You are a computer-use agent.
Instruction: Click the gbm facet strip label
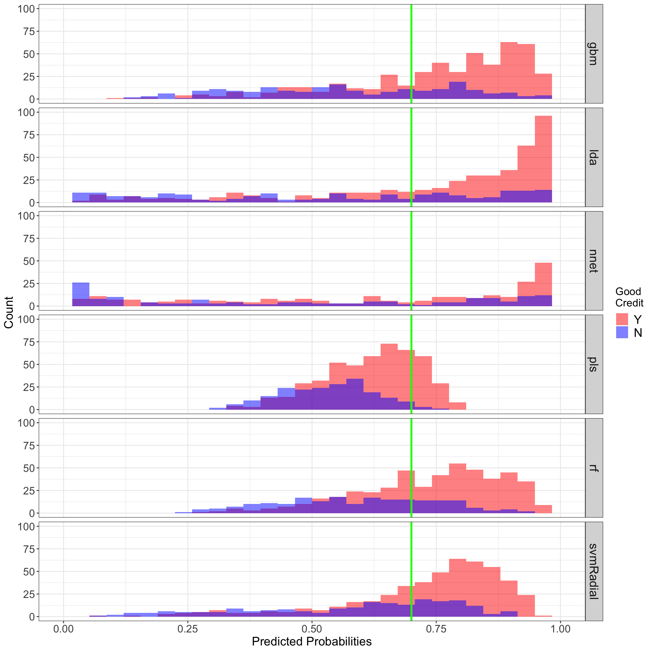(x=593, y=54)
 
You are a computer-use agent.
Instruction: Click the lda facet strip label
(x=593, y=157)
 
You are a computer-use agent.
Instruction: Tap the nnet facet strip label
(x=593, y=261)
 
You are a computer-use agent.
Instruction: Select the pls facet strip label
(x=593, y=365)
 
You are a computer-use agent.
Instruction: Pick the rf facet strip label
(x=593, y=468)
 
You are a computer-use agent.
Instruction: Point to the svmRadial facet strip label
(x=593, y=572)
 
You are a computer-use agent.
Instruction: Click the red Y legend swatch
(x=622, y=319)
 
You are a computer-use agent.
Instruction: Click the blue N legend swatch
(x=622, y=333)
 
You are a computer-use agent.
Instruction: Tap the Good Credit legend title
(x=629, y=297)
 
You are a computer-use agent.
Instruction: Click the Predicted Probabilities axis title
(x=312, y=641)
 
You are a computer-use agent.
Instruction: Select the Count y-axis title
(x=9, y=312)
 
